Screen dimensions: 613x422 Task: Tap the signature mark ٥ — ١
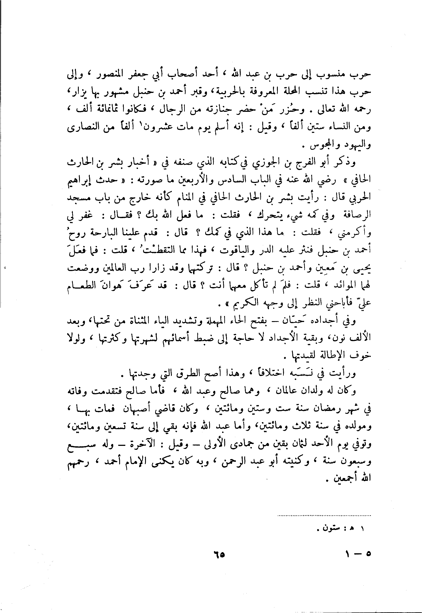click(x=358, y=554)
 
